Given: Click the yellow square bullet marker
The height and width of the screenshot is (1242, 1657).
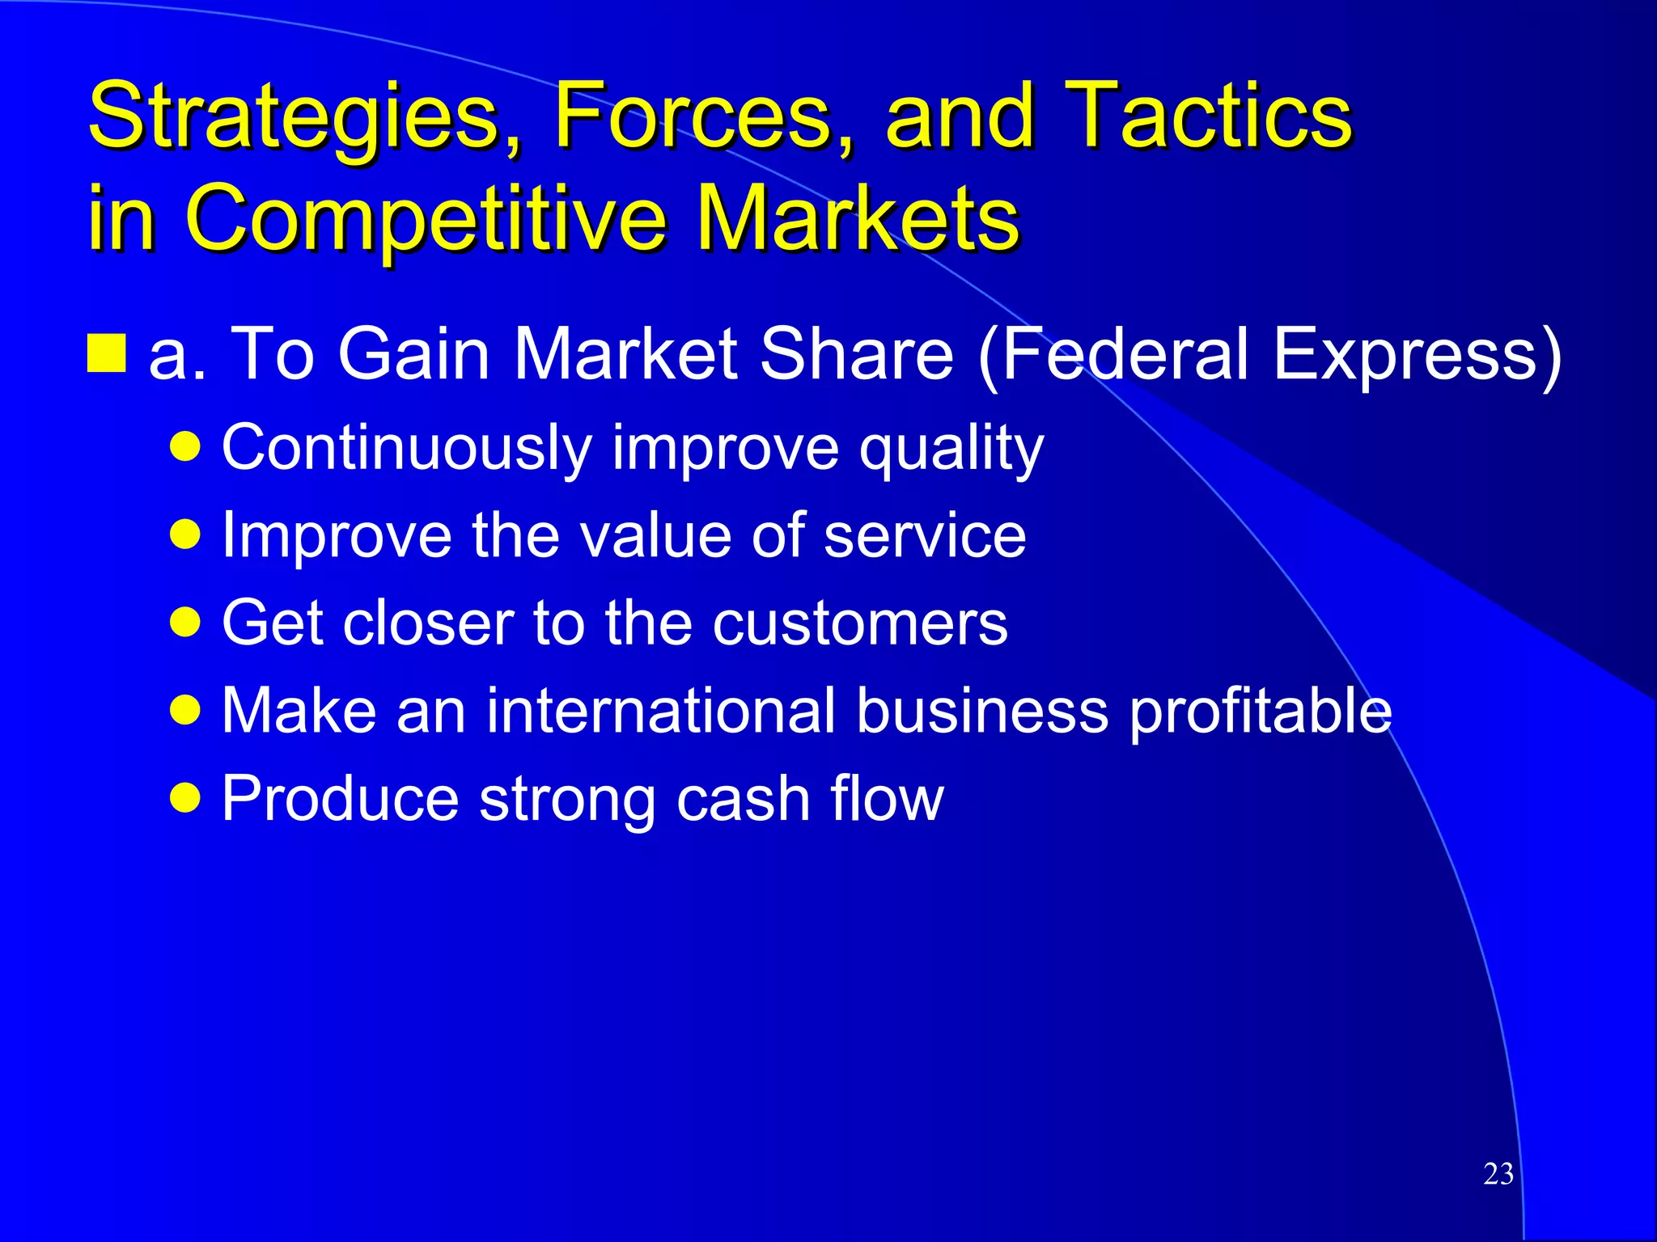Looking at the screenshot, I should click(x=106, y=353).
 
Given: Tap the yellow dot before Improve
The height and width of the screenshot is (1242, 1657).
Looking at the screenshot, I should click(x=185, y=534).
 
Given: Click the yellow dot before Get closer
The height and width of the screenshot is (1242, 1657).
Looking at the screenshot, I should click(x=185, y=623).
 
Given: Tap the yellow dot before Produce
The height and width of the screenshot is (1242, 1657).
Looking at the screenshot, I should click(x=185, y=798).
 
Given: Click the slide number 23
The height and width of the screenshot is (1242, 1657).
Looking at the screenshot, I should click(x=1498, y=1173).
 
